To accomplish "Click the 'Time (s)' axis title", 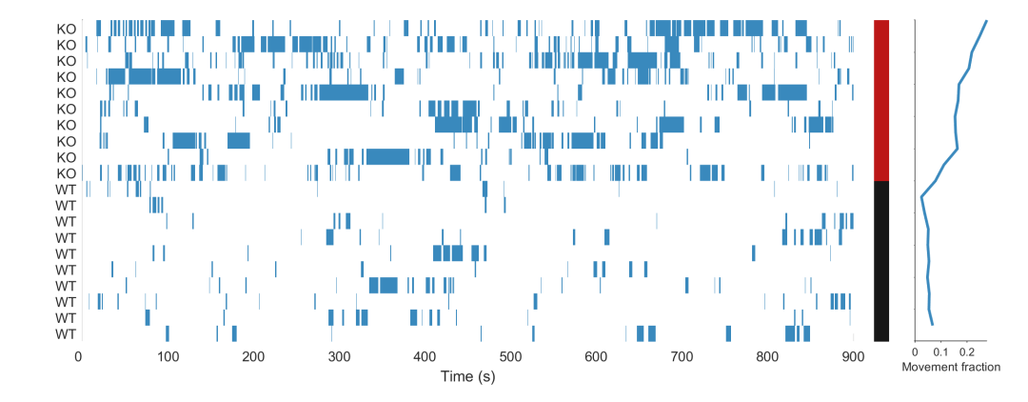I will [467, 377].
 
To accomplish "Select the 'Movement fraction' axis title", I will [950, 367].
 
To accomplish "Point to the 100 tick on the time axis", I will [168, 356].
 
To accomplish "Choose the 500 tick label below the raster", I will [511, 356].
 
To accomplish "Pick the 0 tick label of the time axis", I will [78, 356].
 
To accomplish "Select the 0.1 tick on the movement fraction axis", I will [941, 352].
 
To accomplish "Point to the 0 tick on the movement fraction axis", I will [916, 352].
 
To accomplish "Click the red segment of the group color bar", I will [881, 100].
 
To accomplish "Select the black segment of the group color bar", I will [881, 260].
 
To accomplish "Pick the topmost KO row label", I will [66, 29].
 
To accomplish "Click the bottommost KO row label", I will [66, 173].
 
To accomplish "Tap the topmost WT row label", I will [66, 190].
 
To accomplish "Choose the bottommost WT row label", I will [66, 334].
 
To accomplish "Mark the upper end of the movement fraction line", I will [986, 21].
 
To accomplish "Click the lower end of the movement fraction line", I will [933, 325].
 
